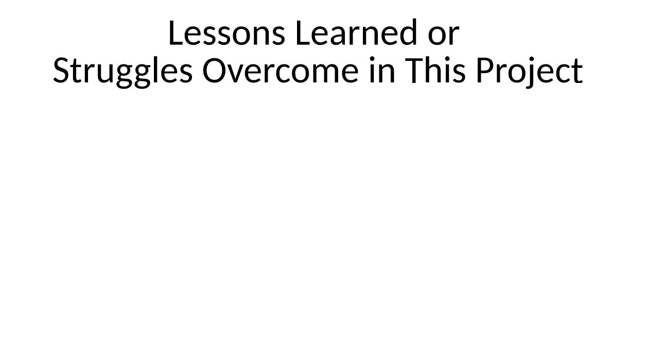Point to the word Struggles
(123, 71)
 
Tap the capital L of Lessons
(176, 33)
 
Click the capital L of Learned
(303, 33)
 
